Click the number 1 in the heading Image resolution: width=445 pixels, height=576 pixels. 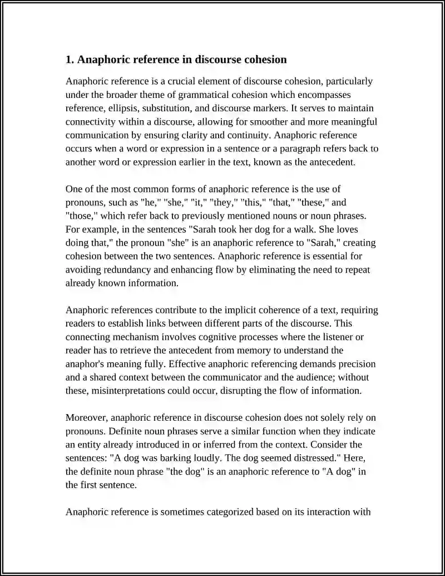pos(68,60)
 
